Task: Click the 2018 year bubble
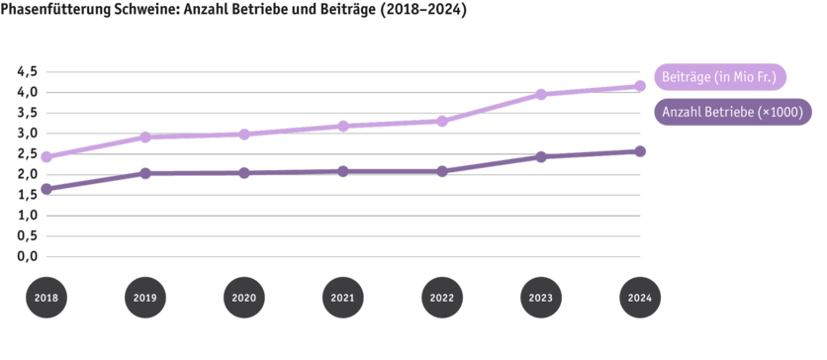46,297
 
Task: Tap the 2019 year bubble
144,297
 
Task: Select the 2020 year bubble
243,297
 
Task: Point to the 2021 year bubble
342,297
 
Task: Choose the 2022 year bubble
441,297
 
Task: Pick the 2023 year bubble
540,297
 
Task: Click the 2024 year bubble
639,297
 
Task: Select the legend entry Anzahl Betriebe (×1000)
731,113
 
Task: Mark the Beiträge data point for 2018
46,156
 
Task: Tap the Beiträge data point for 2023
540,95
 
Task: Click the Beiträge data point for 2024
639,86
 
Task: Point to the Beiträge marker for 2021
342,126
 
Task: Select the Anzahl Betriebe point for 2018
46,189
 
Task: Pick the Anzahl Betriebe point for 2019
144,173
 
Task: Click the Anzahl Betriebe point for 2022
441,171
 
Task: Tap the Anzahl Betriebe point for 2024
639,150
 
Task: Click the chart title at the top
233,8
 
